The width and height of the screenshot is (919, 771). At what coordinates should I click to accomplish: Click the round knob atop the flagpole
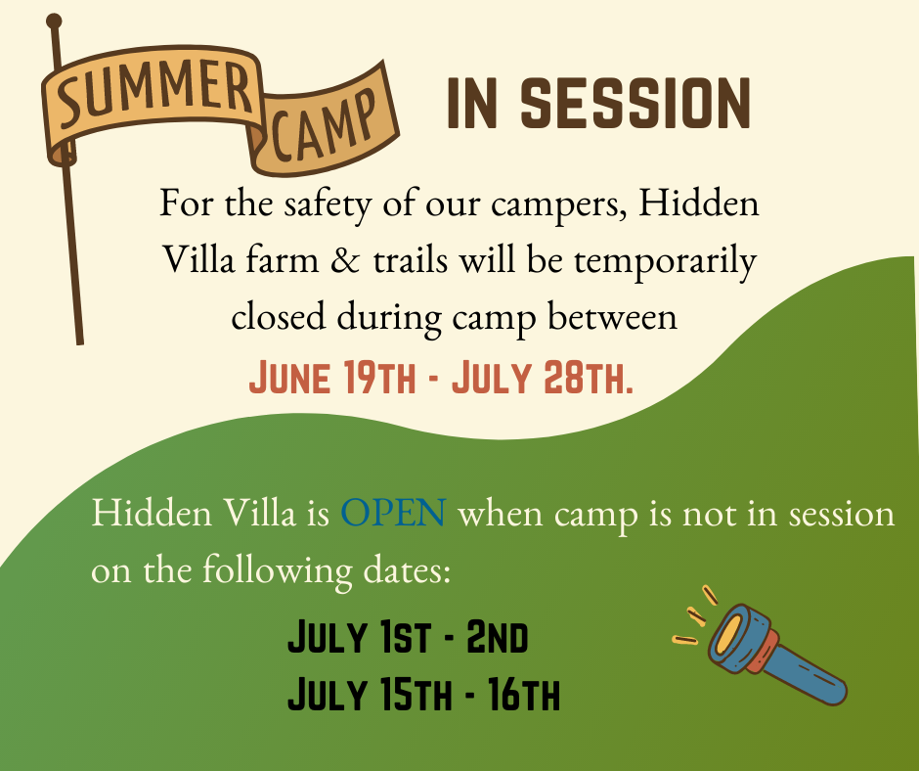(54, 22)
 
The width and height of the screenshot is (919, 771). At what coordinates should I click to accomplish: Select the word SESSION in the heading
(635, 104)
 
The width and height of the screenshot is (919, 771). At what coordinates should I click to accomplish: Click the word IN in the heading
(472, 104)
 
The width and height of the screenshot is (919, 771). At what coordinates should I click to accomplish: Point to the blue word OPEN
(393, 513)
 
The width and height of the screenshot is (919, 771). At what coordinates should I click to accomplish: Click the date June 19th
(332, 378)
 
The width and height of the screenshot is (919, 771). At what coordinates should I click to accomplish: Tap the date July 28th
(543, 378)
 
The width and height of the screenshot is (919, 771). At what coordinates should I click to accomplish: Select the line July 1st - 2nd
(408, 637)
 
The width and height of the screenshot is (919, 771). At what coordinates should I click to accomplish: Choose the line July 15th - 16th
(423, 693)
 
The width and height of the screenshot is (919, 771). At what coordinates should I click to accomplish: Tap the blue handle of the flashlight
(810, 673)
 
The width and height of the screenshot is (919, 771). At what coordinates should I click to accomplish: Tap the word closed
(279, 317)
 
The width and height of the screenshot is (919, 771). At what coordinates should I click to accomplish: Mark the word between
(612, 317)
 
